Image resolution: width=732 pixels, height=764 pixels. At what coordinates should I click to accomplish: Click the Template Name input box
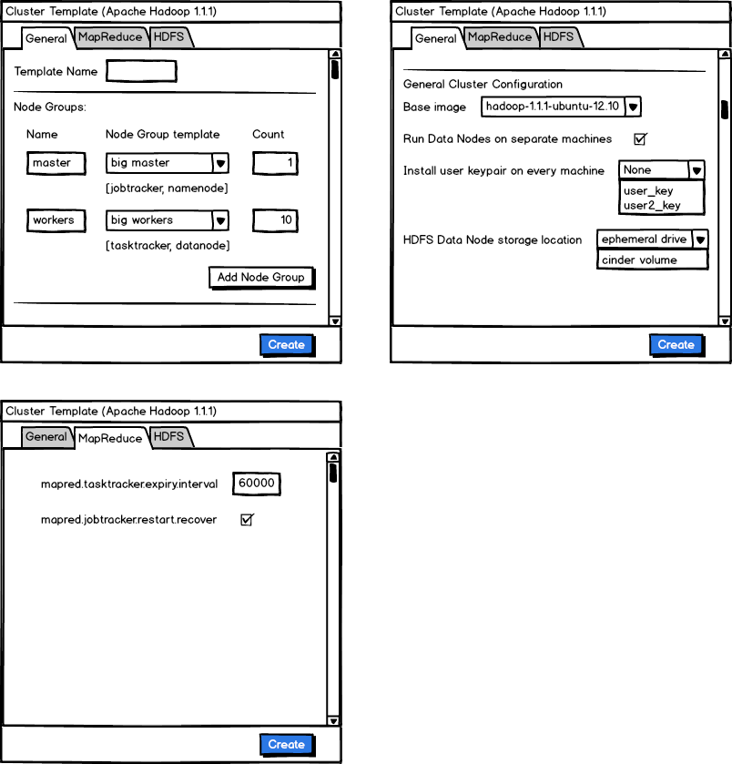click(x=141, y=71)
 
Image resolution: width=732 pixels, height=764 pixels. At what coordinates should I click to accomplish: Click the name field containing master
click(x=56, y=164)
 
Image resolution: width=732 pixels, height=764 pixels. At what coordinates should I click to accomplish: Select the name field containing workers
click(x=56, y=220)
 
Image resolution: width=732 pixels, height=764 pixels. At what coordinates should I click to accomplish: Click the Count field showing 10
click(x=275, y=220)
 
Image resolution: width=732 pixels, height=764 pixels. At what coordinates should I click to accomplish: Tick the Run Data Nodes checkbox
click(x=640, y=139)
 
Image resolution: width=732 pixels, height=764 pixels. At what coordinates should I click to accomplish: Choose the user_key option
click(x=648, y=191)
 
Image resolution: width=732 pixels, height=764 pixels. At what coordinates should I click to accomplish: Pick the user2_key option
click(x=651, y=206)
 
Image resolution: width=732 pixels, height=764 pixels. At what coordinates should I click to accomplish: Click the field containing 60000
click(x=257, y=484)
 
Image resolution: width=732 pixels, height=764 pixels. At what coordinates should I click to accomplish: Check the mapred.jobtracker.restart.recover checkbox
click(x=246, y=520)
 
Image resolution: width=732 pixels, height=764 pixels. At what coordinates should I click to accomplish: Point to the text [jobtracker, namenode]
click(x=167, y=188)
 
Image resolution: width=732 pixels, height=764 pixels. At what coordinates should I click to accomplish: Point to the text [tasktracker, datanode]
click(x=168, y=245)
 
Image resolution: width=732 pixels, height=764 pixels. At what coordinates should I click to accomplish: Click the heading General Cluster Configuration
click(x=483, y=85)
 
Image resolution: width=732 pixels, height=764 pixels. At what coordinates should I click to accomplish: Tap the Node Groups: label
click(x=50, y=107)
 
